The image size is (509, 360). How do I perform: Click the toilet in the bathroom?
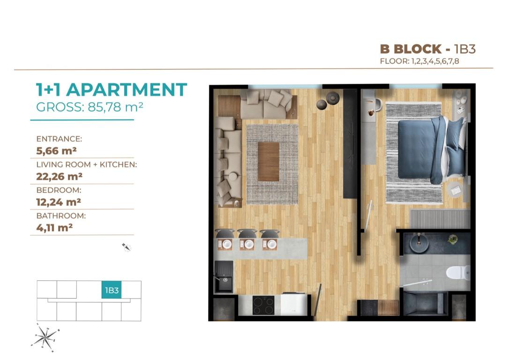[458, 272]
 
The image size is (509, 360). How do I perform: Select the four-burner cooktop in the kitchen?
[263, 305]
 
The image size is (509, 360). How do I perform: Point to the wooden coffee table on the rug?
[269, 161]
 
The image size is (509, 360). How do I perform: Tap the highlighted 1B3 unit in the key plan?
[112, 290]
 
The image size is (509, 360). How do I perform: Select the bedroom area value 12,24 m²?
[59, 202]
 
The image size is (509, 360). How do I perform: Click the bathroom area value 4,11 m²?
[54, 228]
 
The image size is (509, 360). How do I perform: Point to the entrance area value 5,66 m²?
[57, 151]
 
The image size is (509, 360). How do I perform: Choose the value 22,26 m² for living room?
[60, 177]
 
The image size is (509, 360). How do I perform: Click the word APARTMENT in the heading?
[127, 90]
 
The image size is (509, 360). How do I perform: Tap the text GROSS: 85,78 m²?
[90, 107]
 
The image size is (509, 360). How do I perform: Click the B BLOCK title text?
[411, 49]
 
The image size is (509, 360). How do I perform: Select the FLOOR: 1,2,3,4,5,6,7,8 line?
[419, 61]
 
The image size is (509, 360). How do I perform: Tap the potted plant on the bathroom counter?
[452, 239]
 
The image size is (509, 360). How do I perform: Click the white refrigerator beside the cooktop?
[294, 304]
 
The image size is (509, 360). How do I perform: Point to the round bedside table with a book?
[456, 189]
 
